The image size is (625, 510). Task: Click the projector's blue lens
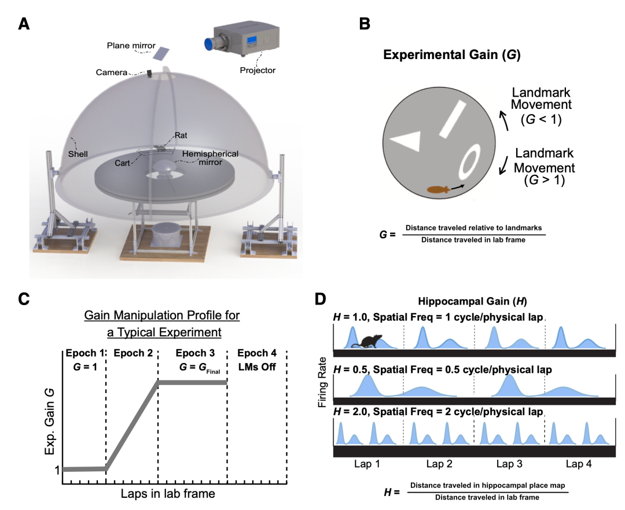(209, 44)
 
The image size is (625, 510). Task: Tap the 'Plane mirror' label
(131, 46)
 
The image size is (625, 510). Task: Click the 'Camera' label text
(112, 72)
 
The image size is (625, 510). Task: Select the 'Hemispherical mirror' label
(210, 158)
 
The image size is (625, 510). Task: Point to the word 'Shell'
(78, 154)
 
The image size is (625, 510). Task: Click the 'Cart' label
(122, 163)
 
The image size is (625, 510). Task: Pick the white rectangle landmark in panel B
(453, 119)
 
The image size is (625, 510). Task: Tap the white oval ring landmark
(469, 162)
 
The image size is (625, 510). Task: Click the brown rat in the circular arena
(439, 189)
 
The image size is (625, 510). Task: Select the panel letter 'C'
(24, 299)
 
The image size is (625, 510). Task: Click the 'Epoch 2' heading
(133, 353)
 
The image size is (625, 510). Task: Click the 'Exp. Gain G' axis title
(49, 422)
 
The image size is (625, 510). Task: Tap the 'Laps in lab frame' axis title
(168, 494)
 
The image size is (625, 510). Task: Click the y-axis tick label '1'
(57, 470)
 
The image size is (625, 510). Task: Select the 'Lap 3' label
(509, 464)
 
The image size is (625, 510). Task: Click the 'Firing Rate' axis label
(322, 382)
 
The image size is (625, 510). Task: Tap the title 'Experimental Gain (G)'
(451, 54)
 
